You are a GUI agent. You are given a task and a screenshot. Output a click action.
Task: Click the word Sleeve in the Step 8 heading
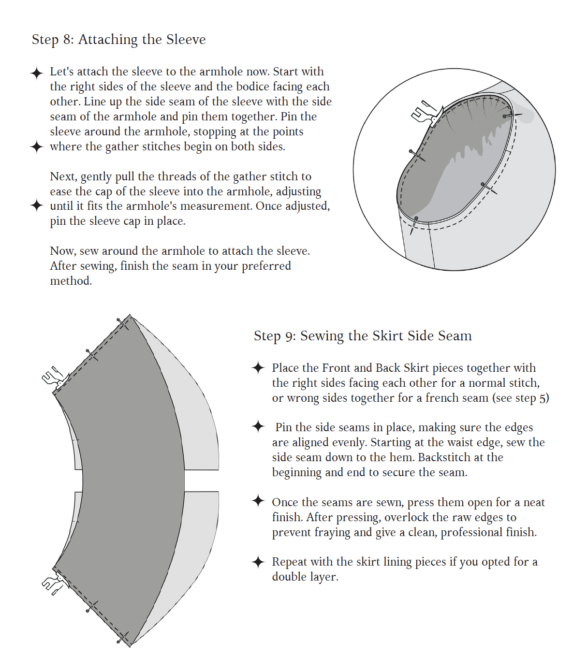point(186,39)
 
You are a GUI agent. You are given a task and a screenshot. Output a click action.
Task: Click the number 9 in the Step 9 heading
point(290,336)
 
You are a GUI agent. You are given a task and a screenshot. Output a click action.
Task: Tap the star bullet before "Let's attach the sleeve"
point(37,73)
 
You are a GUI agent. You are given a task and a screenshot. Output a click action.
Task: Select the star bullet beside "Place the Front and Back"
point(258,367)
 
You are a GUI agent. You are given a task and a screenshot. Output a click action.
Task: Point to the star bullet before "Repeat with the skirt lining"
point(258,562)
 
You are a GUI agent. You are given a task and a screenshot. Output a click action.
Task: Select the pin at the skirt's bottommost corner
point(123,637)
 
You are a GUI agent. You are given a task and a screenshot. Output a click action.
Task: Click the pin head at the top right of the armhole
point(505,116)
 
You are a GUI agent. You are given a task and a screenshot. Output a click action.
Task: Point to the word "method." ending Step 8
point(71,281)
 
